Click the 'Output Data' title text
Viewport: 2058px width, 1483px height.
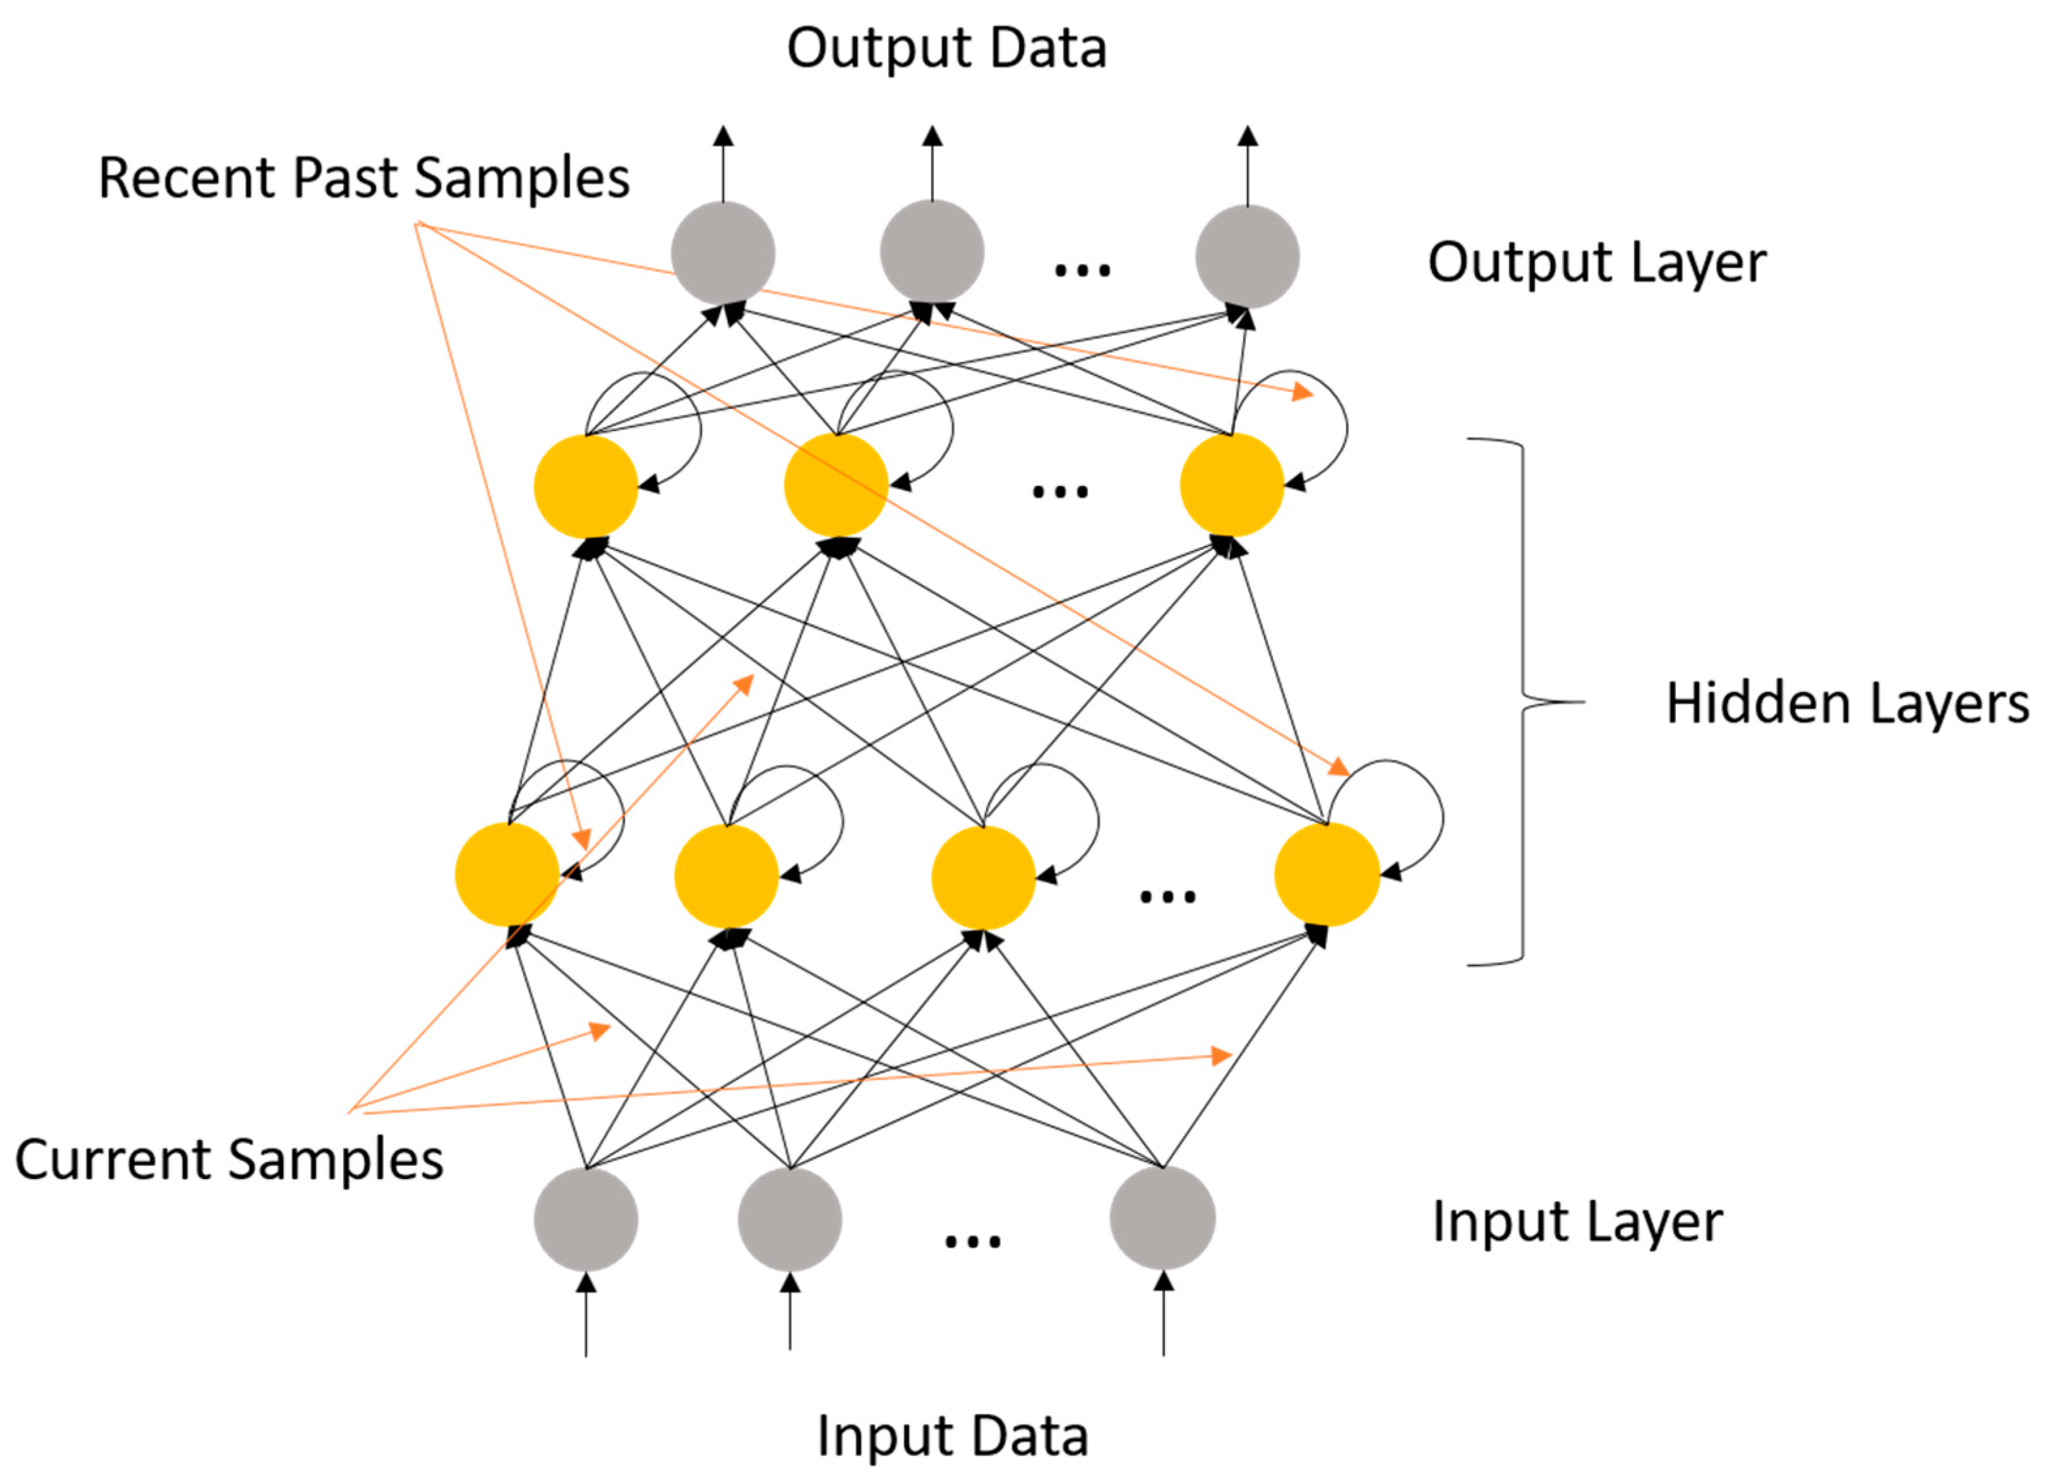(x=947, y=48)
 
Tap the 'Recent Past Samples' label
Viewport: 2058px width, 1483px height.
(x=364, y=179)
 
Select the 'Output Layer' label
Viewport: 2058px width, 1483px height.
(x=1597, y=264)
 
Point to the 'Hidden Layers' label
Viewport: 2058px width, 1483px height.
(x=1847, y=704)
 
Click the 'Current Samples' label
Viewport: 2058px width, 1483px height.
(x=229, y=1161)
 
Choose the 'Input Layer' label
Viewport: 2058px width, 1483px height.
(x=1577, y=1223)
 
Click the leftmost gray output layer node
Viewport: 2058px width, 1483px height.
(x=723, y=253)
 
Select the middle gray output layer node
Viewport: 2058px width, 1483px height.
(x=932, y=251)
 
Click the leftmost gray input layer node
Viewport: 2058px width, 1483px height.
(x=586, y=1219)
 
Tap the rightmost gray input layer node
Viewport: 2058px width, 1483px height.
(x=1162, y=1218)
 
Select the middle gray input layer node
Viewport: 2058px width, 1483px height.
(x=789, y=1219)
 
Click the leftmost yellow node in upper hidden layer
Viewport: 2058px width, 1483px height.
(x=586, y=487)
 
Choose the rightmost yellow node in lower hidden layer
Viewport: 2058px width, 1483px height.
(x=1327, y=875)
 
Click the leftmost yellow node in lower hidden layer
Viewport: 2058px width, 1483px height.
(x=507, y=875)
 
